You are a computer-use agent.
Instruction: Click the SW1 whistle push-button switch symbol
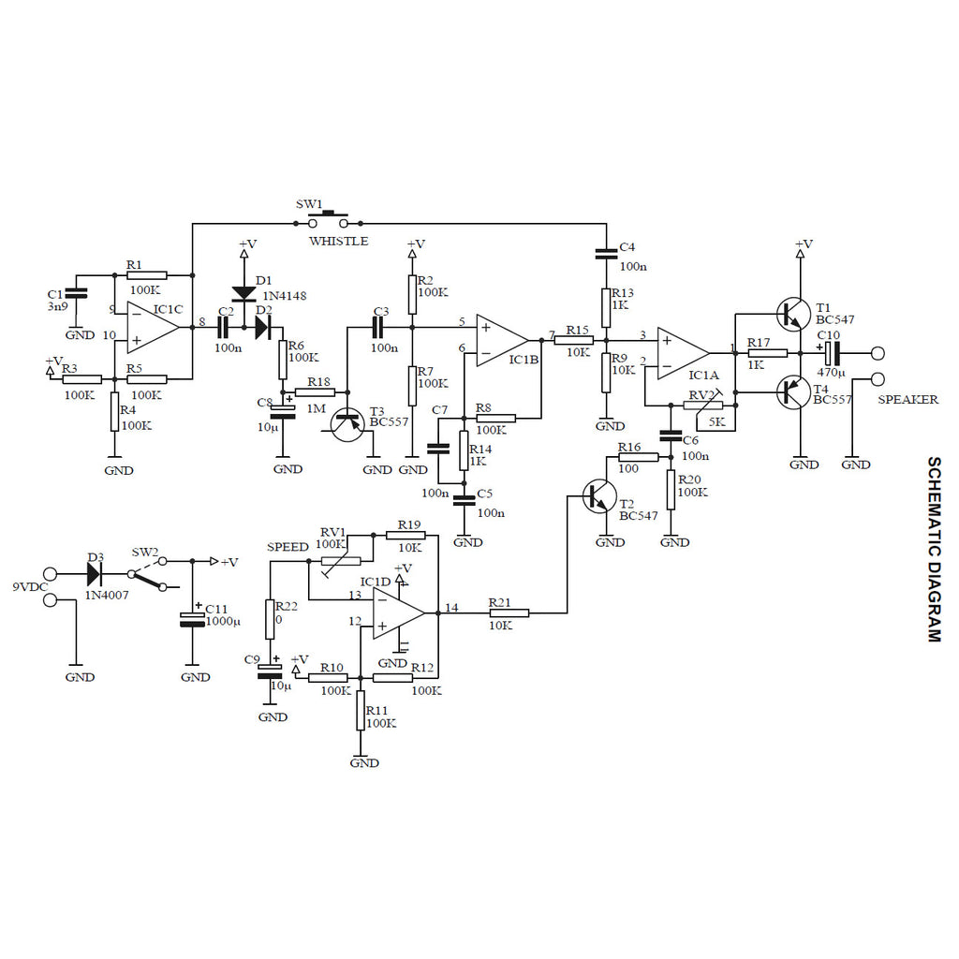point(328,219)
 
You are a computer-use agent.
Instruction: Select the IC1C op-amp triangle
point(154,327)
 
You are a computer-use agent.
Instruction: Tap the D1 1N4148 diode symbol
point(244,293)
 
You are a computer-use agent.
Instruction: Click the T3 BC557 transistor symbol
point(348,424)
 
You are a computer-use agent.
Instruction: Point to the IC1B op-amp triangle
point(503,341)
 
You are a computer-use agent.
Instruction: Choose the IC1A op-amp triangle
point(684,353)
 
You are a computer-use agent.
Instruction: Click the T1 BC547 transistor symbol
point(794,315)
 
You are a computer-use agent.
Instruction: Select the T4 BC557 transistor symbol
point(794,392)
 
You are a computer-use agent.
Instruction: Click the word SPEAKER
point(907,400)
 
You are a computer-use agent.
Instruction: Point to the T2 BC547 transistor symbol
point(600,496)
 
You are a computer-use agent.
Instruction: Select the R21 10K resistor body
point(509,612)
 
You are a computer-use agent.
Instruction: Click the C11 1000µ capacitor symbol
point(192,619)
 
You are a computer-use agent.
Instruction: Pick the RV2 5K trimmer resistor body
point(702,405)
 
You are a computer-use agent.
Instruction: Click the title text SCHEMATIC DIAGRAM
point(934,549)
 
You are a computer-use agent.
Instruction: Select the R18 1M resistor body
point(315,392)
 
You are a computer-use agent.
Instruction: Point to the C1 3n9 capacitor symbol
point(76,294)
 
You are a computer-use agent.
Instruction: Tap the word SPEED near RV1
point(288,547)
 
